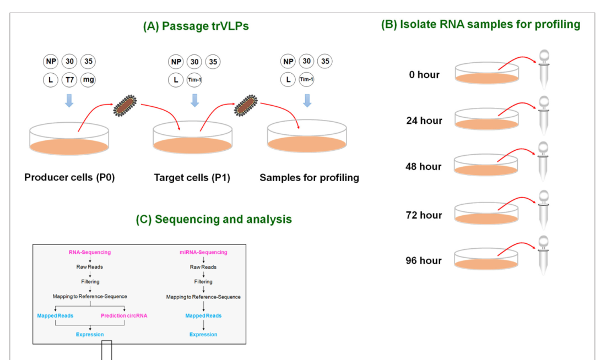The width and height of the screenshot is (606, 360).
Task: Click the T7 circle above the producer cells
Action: pos(69,80)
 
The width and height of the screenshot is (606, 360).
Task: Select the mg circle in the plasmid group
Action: pos(88,80)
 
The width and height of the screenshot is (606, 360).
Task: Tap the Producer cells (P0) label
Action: pos(69,178)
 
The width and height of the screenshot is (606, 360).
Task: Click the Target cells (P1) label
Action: pos(192,178)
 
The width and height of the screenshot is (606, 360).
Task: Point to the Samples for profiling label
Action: pos(309,178)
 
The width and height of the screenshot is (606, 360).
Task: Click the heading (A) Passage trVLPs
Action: pos(196,26)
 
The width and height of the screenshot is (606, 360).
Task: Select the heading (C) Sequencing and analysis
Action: pos(214,219)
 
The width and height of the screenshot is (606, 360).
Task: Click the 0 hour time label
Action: pos(421,74)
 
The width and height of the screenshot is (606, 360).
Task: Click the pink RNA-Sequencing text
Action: pos(90,252)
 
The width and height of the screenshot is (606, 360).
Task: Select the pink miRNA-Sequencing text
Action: pos(203,252)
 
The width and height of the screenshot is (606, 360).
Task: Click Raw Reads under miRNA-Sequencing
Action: pos(203,267)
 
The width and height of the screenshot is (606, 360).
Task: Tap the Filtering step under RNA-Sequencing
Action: pos(89,281)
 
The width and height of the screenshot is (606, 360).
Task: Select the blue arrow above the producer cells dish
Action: pos(69,100)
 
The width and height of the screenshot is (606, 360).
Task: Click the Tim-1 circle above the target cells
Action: pos(194,80)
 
